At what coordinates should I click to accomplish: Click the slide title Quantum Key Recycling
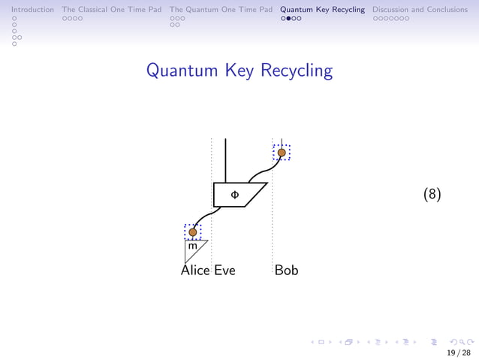pyautogui.click(x=239, y=71)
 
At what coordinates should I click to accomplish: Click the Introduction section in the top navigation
pyautogui.click(x=27, y=10)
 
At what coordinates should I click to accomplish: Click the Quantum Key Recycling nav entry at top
pyautogui.click(x=323, y=10)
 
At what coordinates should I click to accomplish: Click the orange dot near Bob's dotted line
pyautogui.click(x=282, y=153)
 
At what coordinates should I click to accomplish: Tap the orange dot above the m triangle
pyautogui.click(x=193, y=232)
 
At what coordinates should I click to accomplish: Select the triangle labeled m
pyautogui.click(x=194, y=248)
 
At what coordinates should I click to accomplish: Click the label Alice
pyautogui.click(x=195, y=270)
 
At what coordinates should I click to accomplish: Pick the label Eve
pyautogui.click(x=224, y=270)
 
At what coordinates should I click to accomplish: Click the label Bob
pyautogui.click(x=286, y=270)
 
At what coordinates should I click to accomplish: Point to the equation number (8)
pyautogui.click(x=432, y=195)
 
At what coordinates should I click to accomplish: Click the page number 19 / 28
pyautogui.click(x=459, y=352)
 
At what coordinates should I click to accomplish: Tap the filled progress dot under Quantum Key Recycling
pyautogui.click(x=290, y=18)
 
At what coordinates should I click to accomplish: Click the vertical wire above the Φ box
pyautogui.click(x=225, y=160)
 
